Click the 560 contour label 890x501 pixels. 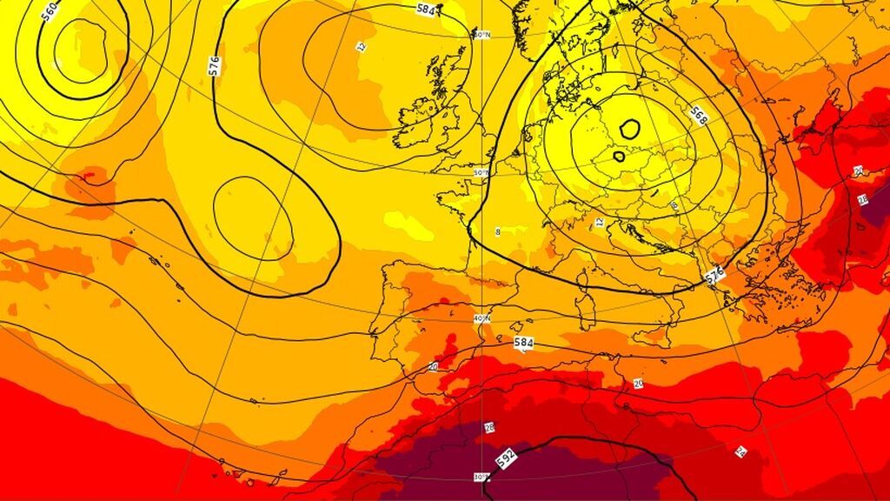(50, 11)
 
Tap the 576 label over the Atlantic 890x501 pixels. (215, 64)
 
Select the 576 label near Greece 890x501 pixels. (714, 276)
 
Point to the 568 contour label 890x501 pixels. (698, 114)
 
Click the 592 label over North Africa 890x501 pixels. (505, 458)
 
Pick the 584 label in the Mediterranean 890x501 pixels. (523, 344)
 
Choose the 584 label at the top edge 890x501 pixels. (426, 10)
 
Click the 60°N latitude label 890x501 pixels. (482, 35)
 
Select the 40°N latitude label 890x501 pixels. (482, 319)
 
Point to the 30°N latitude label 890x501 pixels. (481, 477)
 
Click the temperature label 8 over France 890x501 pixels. (498, 232)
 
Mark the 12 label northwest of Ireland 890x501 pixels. (362, 46)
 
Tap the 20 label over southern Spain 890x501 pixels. (433, 365)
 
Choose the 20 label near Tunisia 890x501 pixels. (638, 384)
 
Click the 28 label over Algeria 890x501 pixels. (489, 427)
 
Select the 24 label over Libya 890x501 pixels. (740, 451)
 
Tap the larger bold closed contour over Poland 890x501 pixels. (629, 130)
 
